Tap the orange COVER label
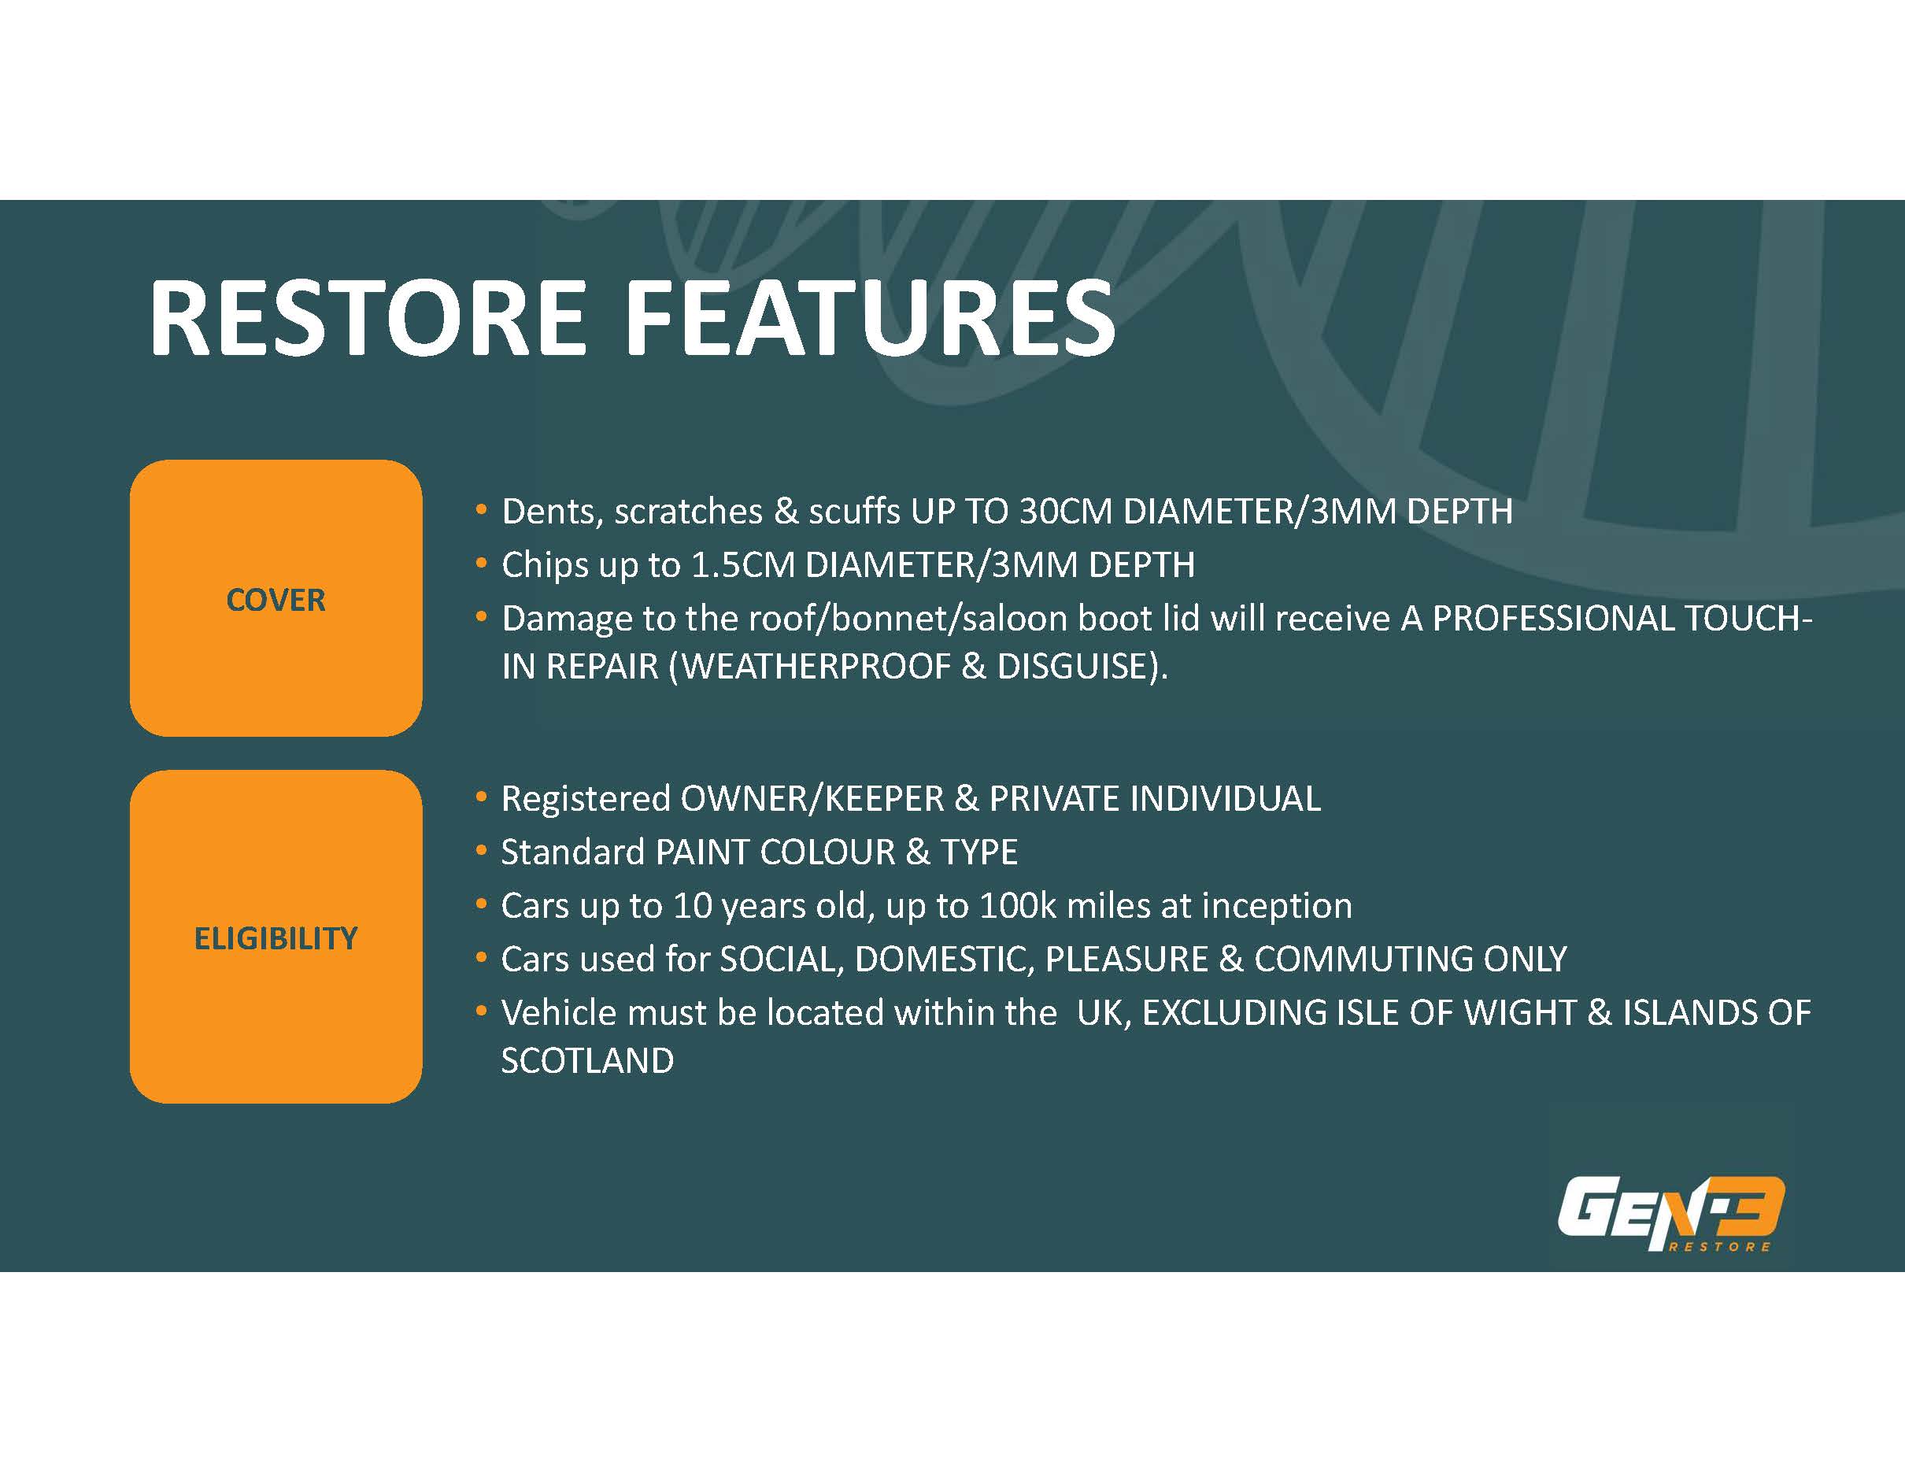click(x=276, y=599)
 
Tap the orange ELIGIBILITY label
click(x=276, y=938)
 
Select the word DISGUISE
click(x=1073, y=666)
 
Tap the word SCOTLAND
click(x=587, y=1061)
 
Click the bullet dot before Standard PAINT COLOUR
click(x=482, y=850)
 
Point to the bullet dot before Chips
click(x=482, y=564)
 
